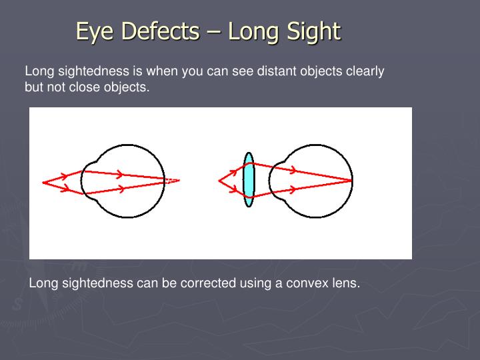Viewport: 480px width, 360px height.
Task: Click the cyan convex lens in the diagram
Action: pos(249,180)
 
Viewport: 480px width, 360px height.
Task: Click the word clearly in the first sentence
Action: pos(365,71)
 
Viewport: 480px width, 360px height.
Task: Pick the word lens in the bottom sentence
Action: pos(345,283)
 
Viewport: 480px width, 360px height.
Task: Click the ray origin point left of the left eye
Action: pos(43,181)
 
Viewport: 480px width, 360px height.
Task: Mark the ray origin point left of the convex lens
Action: pos(219,180)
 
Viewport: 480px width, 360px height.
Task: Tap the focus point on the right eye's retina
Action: pos(351,180)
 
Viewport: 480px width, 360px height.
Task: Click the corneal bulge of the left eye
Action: pos(85,180)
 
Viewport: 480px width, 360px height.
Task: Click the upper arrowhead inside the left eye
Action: pos(119,175)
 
